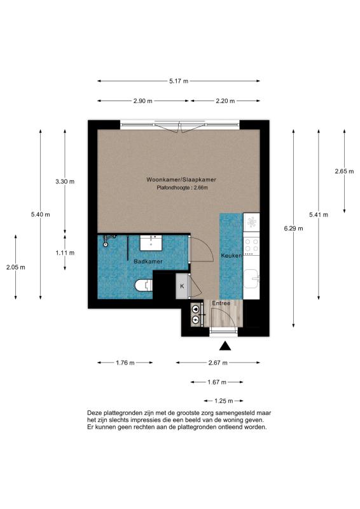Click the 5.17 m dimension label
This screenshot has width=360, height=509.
[179, 81]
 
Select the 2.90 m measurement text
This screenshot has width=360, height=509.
[143, 101]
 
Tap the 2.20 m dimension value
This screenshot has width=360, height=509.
[225, 101]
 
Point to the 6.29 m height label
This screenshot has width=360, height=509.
[293, 228]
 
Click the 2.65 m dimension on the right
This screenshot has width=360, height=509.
[345, 171]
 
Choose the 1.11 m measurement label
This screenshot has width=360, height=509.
[65, 253]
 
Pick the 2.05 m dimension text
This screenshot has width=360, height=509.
[15, 267]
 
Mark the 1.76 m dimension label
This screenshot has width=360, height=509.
[125, 363]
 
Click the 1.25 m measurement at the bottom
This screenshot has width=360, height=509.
[224, 401]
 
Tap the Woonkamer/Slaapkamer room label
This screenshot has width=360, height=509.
[181, 179]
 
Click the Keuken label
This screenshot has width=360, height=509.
[232, 256]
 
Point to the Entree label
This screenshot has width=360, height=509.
[221, 303]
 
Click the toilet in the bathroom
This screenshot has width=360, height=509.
[144, 285]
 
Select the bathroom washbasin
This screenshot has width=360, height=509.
[151, 243]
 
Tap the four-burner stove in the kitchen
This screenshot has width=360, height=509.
[252, 246]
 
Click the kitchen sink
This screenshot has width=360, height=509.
[252, 279]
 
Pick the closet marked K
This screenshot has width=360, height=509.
[182, 286]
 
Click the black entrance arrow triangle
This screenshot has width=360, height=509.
[225, 346]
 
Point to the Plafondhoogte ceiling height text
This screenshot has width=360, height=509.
[182, 188]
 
